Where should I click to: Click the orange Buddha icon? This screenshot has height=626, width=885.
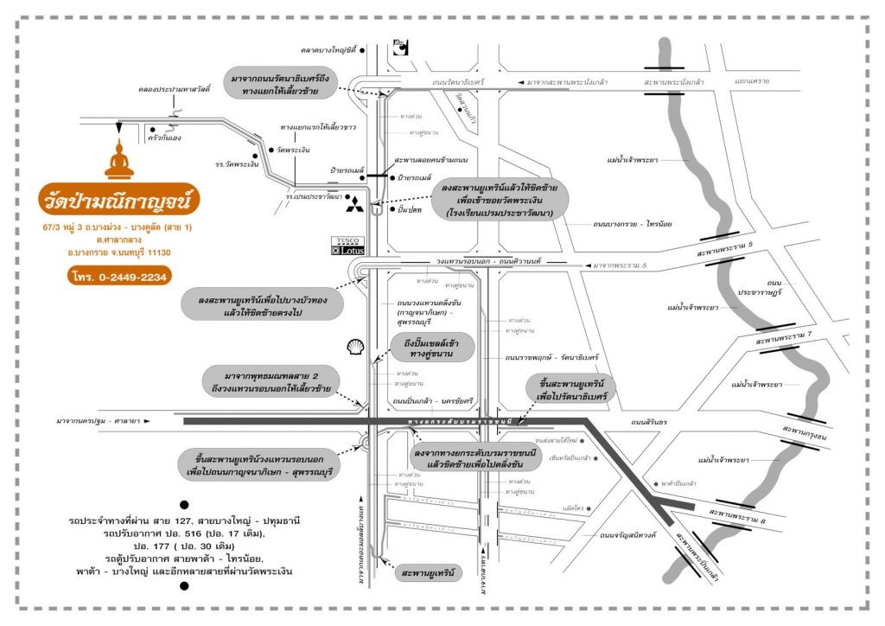click(x=119, y=159)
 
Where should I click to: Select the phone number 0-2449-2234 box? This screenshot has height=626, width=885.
click(x=119, y=276)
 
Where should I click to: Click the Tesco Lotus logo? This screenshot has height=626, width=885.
click(x=349, y=246)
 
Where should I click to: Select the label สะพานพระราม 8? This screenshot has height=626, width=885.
click(x=736, y=513)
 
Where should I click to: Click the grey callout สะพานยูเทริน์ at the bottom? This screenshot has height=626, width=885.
click(x=428, y=572)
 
